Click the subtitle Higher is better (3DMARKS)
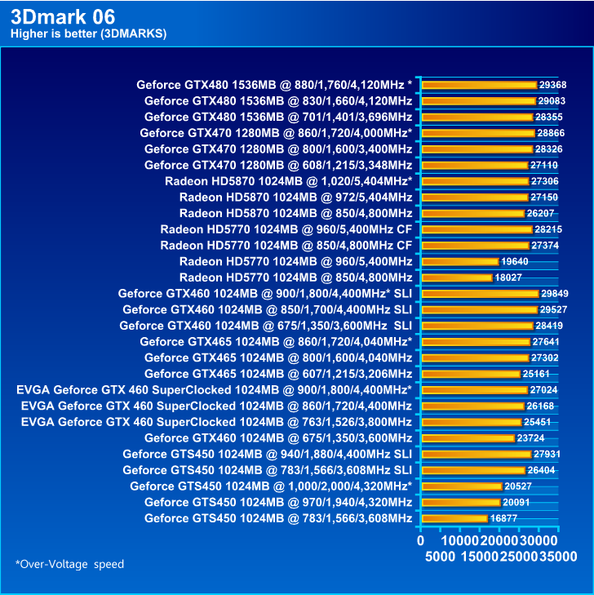tap(88, 33)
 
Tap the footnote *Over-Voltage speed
tap(69, 564)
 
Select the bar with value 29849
tap(480, 293)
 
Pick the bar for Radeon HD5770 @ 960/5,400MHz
tap(459, 261)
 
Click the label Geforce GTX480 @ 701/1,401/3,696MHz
tap(278, 117)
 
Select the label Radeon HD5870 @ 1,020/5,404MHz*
tap(288, 181)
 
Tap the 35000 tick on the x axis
tap(557, 557)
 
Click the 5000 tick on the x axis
tap(440, 557)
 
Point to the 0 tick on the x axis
tap(420, 540)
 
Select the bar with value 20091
tap(460, 502)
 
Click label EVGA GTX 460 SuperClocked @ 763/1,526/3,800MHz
tap(214, 422)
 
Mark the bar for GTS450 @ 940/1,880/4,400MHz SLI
tap(476, 454)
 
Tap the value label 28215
tap(547, 229)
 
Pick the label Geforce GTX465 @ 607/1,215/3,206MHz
tap(278, 374)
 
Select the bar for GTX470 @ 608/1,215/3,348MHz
tap(474, 165)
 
